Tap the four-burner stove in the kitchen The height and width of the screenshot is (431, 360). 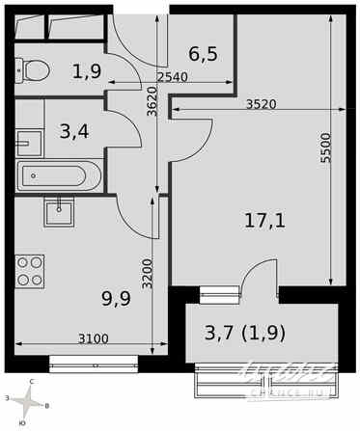coord(30,269)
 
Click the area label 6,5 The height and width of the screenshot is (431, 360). coord(202,55)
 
